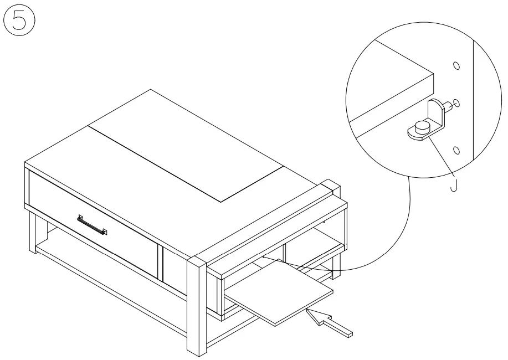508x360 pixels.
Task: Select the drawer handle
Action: point(92,225)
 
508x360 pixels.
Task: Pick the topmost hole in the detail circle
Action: point(456,66)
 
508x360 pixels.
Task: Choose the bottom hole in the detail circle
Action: point(456,151)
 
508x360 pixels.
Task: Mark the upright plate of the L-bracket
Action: point(438,114)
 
